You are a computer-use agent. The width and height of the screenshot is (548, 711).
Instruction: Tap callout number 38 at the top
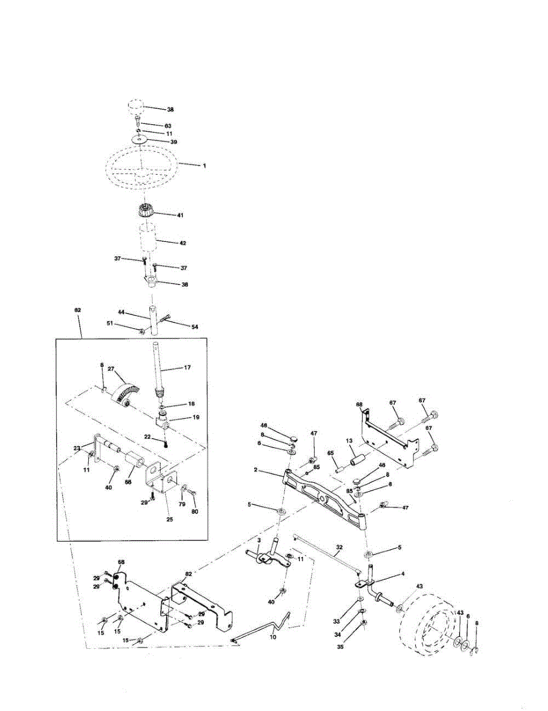171,110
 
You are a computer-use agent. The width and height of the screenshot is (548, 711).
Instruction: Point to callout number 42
182,242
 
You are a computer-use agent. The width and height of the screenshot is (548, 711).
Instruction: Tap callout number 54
194,326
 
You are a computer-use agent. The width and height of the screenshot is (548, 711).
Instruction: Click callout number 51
109,323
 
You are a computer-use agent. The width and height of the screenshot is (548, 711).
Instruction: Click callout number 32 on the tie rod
339,549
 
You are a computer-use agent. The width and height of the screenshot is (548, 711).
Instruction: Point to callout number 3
259,540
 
